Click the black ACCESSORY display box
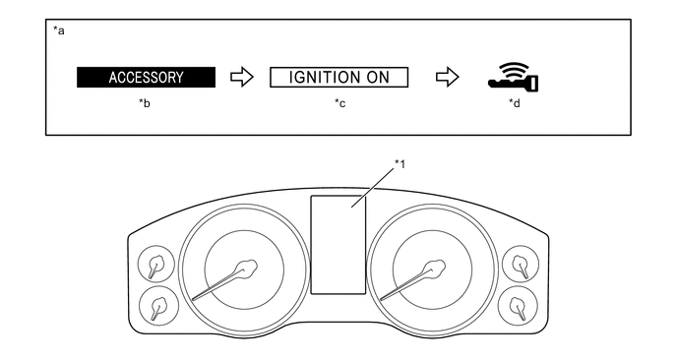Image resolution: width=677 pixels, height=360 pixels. pyautogui.click(x=146, y=78)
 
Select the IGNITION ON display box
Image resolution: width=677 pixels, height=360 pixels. pyautogui.click(x=338, y=78)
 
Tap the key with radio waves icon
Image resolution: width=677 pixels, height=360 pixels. pyautogui.click(x=514, y=77)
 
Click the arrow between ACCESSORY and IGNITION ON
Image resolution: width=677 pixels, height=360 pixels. pyautogui.click(x=242, y=78)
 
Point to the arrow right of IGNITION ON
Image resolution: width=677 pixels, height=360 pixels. pyautogui.click(x=448, y=78)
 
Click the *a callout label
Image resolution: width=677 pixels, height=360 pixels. pyautogui.click(x=59, y=30)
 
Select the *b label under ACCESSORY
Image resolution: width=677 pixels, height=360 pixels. pyautogui.click(x=145, y=103)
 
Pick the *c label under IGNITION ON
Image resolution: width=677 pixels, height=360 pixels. pyautogui.click(x=339, y=103)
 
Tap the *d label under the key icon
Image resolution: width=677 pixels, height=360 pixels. pyautogui.click(x=515, y=103)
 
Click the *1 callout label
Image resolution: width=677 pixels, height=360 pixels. pyautogui.click(x=400, y=164)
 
